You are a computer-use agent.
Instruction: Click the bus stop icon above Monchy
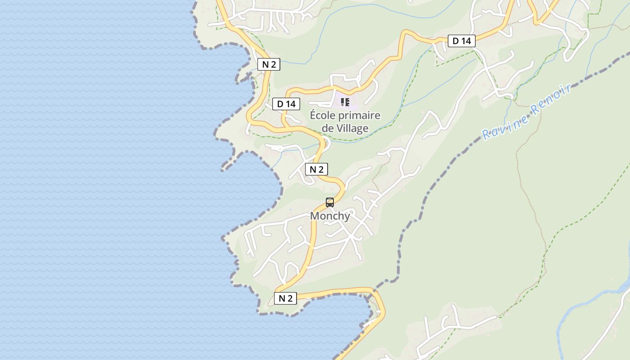pyautogui.click(x=330, y=202)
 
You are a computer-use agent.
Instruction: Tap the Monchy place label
pyautogui.click(x=330, y=216)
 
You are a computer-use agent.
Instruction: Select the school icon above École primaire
pyautogui.click(x=345, y=102)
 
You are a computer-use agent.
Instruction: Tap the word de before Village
pyautogui.click(x=327, y=128)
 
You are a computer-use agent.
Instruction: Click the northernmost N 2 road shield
pyautogui.click(x=269, y=64)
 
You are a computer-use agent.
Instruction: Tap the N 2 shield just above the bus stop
pyautogui.click(x=316, y=170)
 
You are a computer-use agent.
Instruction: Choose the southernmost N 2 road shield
pyautogui.click(x=285, y=298)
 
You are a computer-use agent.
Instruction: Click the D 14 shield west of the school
pyautogui.click(x=286, y=104)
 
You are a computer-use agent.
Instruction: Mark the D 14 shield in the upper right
pyautogui.click(x=461, y=41)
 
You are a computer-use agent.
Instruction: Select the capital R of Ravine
pyautogui.click(x=486, y=134)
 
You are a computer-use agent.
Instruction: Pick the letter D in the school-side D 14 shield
pyautogui.click(x=280, y=104)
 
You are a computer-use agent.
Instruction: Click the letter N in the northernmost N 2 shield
pyautogui.click(x=265, y=64)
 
